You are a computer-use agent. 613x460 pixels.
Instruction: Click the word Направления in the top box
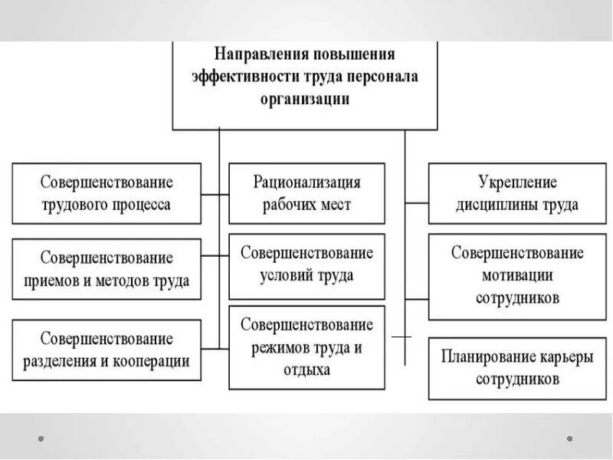coord(256,55)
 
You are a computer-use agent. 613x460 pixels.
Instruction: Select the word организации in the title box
coord(305,99)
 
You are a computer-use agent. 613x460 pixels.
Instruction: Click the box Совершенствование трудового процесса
coord(107,193)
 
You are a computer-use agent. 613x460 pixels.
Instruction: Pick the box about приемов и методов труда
coord(107,269)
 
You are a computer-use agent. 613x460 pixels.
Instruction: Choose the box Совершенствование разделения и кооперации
coord(107,350)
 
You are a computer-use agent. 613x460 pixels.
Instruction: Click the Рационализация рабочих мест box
coord(306,193)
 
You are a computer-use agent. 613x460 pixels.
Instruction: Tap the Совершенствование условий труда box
coord(306,264)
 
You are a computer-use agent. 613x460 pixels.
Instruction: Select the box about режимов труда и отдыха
coord(306,347)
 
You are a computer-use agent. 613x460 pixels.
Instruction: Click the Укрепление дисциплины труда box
coord(516,193)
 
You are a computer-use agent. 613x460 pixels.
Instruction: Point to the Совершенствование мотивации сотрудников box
coord(516,274)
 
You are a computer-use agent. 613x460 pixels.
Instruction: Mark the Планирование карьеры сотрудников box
coord(516,368)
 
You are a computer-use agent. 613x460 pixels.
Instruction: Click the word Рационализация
coord(306,182)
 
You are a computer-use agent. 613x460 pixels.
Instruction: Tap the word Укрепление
coord(516,182)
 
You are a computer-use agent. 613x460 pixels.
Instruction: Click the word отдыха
coord(306,370)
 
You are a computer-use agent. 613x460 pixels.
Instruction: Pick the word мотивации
coord(516,274)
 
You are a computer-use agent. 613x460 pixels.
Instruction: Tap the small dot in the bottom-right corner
coord(570,439)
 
